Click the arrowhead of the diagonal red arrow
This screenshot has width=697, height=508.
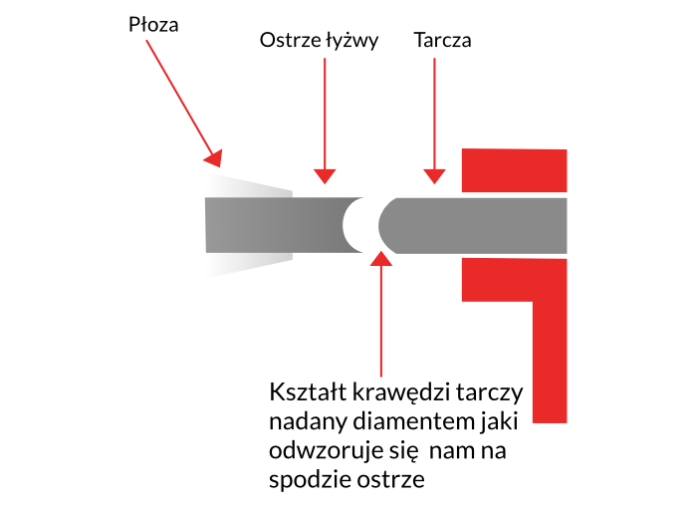click(214, 157)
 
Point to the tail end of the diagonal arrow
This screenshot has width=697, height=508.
click(146, 41)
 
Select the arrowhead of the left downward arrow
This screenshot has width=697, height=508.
click(325, 176)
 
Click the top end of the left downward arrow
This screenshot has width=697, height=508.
click(325, 58)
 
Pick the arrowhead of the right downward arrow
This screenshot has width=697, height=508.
click(434, 176)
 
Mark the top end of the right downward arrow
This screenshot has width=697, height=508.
click(434, 58)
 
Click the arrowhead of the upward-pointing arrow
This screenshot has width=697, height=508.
click(380, 257)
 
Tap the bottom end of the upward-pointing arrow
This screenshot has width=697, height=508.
click(380, 377)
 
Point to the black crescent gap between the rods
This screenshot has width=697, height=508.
click(358, 224)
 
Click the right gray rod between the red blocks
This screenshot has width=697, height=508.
click(513, 225)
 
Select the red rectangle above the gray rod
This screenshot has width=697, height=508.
click(514, 170)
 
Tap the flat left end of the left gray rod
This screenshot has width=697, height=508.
click(207, 224)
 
